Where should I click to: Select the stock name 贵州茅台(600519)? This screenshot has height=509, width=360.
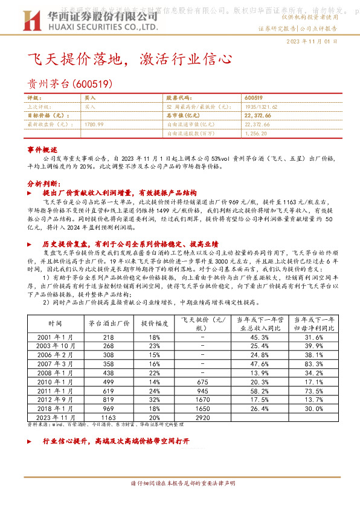click(70, 85)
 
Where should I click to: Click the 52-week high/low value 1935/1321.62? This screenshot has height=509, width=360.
click(261, 106)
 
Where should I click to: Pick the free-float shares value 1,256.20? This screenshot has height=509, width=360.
click(256, 133)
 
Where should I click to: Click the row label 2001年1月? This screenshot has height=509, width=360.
click(55, 336)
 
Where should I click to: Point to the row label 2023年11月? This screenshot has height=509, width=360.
click(55, 417)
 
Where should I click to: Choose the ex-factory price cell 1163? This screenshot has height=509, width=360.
click(109, 417)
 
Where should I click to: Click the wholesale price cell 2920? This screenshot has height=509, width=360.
click(203, 417)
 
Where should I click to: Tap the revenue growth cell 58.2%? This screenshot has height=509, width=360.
click(258, 391)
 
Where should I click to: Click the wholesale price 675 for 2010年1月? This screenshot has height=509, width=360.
click(203, 381)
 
